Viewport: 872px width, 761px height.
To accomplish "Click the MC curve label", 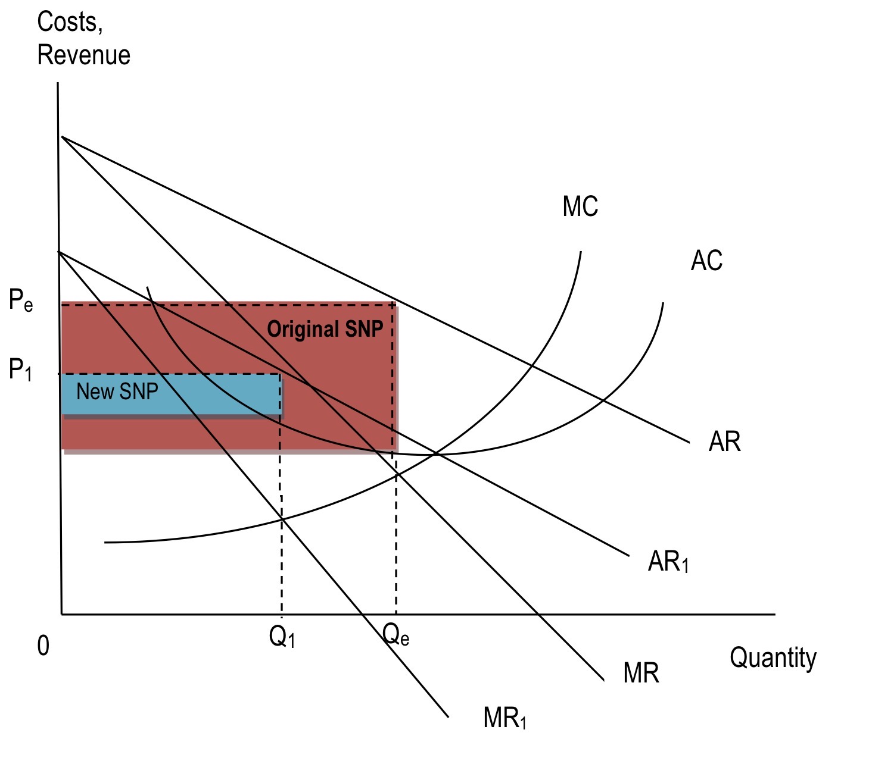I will (580, 206).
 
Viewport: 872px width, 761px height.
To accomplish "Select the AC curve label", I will (706, 261).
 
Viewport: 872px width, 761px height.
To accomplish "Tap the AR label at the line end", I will (724, 442).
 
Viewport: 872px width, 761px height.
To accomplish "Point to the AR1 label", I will (668, 561).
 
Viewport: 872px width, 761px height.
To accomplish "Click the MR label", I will (641, 673).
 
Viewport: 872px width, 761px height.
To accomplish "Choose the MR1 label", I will (504, 718).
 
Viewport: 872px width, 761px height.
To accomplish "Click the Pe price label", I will (21, 300).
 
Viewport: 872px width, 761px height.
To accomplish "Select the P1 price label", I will (20, 370).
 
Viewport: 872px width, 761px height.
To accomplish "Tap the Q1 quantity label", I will (282, 637).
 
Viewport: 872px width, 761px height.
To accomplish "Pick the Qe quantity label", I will (395, 635).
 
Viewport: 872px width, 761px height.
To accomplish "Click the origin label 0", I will (43, 646).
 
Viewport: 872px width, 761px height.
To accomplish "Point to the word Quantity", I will (773, 658).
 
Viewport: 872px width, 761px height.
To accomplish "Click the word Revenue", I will (83, 55).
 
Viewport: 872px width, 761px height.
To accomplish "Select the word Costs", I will (70, 23).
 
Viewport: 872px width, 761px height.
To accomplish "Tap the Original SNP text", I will (325, 329).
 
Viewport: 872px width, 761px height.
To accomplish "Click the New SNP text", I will (117, 392).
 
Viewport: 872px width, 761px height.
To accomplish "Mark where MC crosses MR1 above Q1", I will (282, 519).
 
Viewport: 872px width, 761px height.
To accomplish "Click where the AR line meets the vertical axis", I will (61, 137).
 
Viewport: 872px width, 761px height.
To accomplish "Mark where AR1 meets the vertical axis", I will (59, 252).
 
